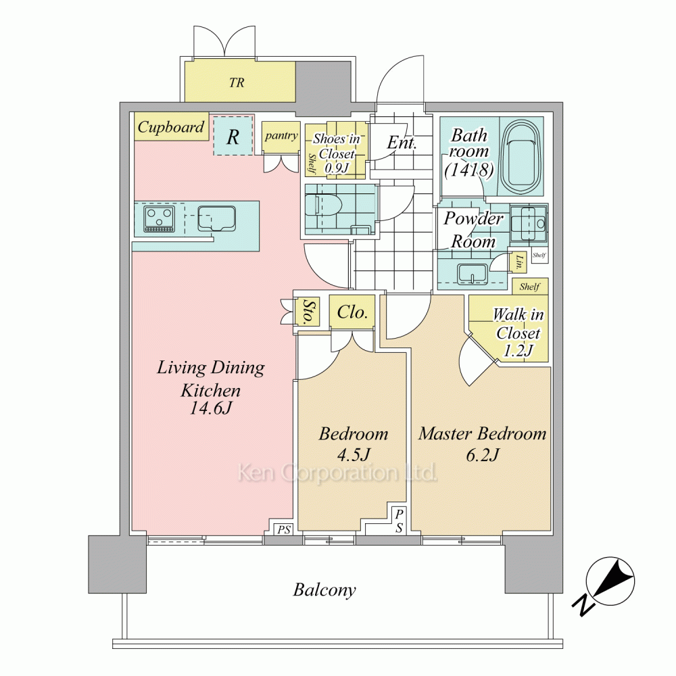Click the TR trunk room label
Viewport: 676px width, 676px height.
(237, 82)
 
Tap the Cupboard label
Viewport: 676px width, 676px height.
(171, 127)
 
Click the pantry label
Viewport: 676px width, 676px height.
(281, 136)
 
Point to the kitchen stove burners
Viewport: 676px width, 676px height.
(160, 218)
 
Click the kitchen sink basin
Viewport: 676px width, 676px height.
(216, 218)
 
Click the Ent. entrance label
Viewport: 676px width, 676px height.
(402, 142)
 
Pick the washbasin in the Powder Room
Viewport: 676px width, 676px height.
(473, 274)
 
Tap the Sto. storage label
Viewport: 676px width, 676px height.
(308, 311)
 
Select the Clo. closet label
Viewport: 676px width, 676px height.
(352, 312)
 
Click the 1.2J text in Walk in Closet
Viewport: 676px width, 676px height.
(518, 350)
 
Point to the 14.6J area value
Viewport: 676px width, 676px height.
(211, 408)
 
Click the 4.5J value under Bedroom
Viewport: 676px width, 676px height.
(354, 454)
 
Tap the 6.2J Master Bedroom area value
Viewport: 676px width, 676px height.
(483, 454)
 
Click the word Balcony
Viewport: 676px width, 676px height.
(324, 589)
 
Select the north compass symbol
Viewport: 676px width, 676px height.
(610, 581)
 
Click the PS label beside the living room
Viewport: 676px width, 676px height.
(284, 529)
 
